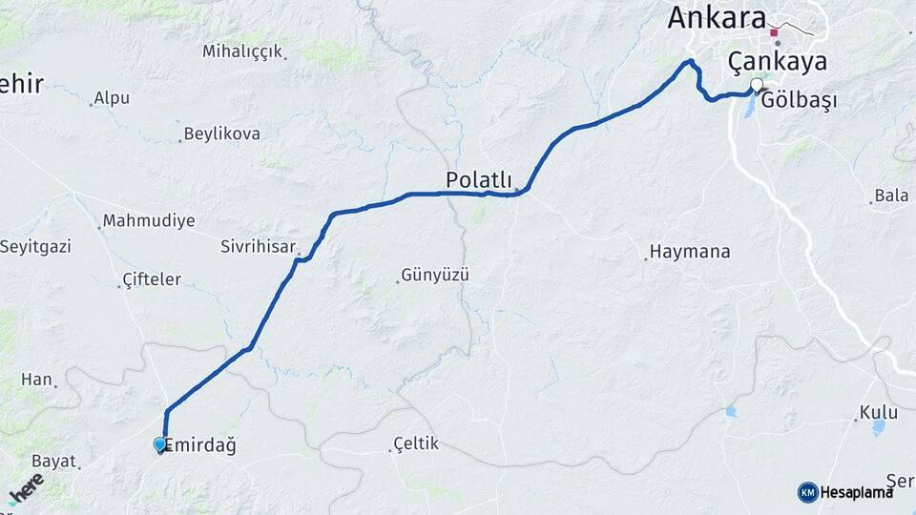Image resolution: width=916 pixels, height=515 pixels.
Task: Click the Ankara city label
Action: pos(717,17)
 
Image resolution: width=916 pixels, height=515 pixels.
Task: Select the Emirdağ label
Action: pos(200,445)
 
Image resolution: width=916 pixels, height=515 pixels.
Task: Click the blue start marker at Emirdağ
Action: pos(159,444)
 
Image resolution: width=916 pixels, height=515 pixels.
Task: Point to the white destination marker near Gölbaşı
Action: pos(757,86)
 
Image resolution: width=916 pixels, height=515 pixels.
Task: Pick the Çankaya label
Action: pos(777,62)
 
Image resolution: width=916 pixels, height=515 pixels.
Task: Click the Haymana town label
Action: pos(690,252)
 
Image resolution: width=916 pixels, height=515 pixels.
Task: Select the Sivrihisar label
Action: pos(259,246)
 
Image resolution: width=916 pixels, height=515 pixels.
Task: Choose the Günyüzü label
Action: pos(436,276)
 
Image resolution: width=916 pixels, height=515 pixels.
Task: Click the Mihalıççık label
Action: pos(242,51)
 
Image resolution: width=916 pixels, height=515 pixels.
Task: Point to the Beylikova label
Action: pos(221,134)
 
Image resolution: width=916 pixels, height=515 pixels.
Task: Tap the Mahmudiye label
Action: pos(149,221)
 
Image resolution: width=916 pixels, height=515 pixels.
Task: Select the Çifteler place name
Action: pos(152,279)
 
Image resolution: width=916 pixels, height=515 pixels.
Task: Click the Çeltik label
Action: pos(416,444)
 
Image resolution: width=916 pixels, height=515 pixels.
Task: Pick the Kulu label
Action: pos(879,413)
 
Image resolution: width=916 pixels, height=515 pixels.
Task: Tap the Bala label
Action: pos(892,196)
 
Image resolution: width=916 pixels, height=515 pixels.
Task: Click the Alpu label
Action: pos(111,98)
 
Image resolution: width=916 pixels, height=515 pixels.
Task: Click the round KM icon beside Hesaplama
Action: pos(807,492)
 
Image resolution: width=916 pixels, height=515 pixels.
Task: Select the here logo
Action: pos(25,488)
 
